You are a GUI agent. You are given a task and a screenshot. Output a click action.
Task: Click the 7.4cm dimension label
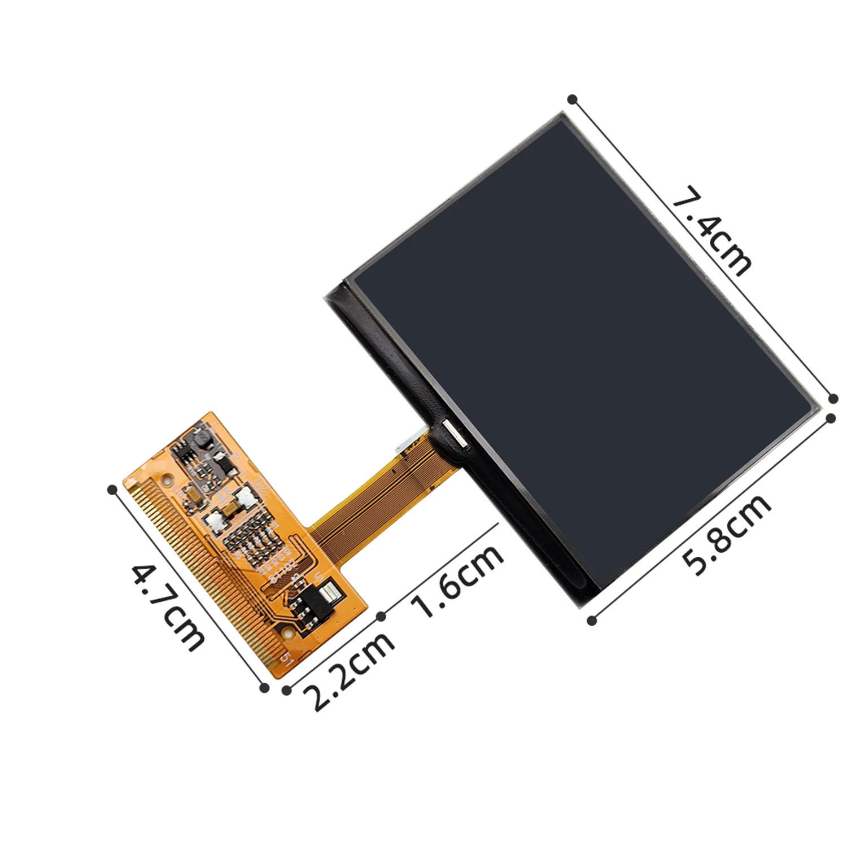click(712, 230)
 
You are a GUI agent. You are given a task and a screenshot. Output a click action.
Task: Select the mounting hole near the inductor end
click(166, 481)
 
